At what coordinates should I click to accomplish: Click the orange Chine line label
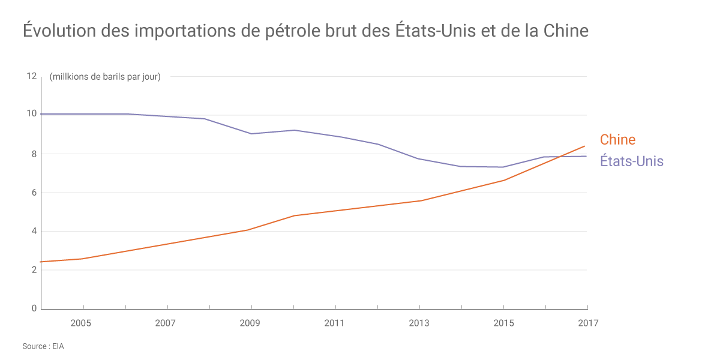click(617, 140)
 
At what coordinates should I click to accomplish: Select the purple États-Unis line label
click(632, 161)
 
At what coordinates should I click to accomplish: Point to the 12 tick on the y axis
click(31, 76)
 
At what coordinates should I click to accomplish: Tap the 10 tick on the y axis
click(31, 114)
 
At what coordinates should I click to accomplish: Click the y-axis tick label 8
click(34, 154)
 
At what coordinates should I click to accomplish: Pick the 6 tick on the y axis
click(34, 193)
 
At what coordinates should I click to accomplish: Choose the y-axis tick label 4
click(34, 231)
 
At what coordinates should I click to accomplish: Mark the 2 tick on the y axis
click(34, 270)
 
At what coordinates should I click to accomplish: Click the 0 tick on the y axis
click(34, 308)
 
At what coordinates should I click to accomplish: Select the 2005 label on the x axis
click(80, 323)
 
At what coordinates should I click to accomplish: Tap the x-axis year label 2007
click(165, 323)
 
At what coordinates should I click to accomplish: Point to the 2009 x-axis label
click(250, 323)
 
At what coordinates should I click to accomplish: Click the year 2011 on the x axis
click(334, 323)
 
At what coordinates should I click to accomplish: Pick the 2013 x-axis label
click(419, 323)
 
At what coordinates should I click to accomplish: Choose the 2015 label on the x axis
click(503, 323)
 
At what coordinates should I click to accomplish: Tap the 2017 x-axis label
click(588, 323)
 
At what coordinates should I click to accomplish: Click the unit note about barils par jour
click(105, 76)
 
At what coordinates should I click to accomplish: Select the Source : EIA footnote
click(43, 346)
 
